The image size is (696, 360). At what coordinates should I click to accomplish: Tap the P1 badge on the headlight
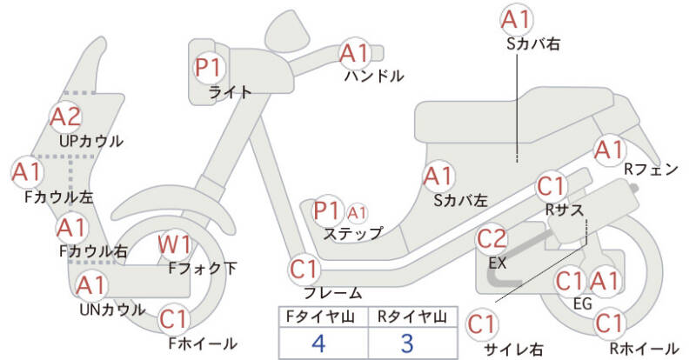point(209,68)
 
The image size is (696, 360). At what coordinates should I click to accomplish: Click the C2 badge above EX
point(492,239)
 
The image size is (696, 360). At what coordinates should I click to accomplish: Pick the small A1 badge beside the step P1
point(357,214)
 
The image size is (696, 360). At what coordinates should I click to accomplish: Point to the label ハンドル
point(374,77)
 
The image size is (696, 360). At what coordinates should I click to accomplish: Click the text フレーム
point(333,292)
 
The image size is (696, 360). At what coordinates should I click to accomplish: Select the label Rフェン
point(651,169)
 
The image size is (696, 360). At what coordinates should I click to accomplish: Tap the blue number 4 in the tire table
point(319,343)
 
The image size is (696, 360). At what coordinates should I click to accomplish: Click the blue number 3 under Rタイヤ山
point(407,343)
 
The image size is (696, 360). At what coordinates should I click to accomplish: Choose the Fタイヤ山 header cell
point(323,317)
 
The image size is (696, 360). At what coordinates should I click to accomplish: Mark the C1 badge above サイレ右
point(482,324)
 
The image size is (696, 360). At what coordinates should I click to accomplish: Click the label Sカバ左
point(461,201)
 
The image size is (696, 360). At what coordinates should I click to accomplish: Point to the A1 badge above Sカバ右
point(517,19)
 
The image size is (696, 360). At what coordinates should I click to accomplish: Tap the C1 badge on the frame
point(304,270)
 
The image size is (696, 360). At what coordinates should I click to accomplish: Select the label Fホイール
point(203,343)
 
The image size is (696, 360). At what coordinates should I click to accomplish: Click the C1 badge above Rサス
point(551,187)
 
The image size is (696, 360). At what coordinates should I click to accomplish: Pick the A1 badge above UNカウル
point(90,285)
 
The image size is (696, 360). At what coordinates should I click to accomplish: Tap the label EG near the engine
point(583,303)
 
